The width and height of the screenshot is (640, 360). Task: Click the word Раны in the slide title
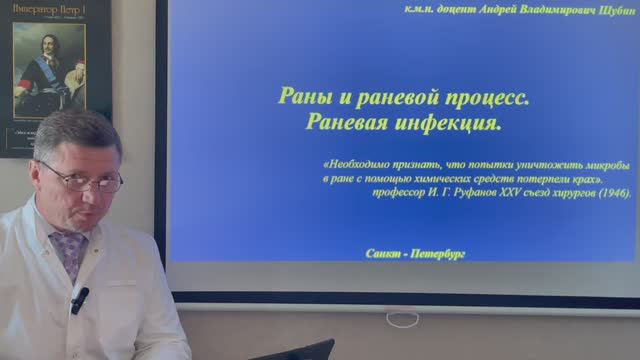[299, 100]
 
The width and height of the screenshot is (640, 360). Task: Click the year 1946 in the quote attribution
[613, 191]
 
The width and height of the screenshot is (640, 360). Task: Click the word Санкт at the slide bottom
[385, 254]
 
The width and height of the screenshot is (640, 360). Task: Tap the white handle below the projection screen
[403, 319]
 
